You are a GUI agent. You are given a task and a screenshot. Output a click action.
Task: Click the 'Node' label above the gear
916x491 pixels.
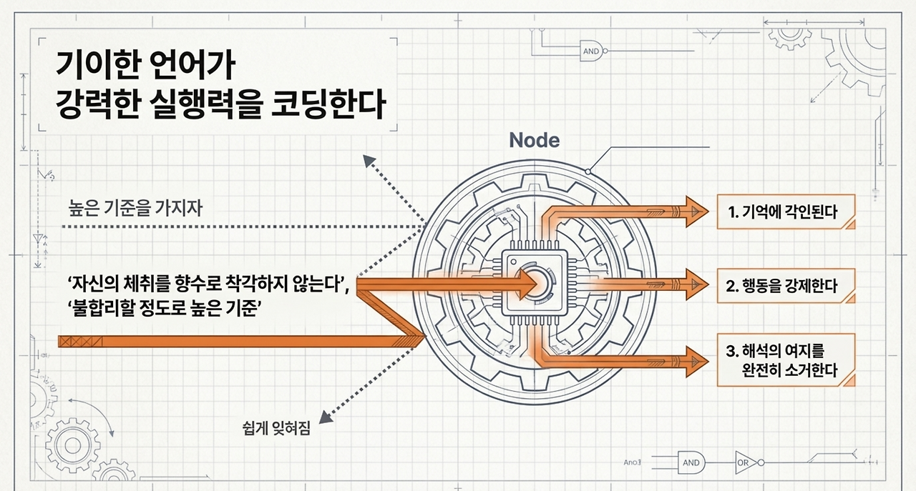534,140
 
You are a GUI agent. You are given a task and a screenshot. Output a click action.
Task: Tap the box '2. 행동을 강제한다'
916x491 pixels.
785,287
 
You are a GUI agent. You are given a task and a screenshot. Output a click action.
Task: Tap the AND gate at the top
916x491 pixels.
591,51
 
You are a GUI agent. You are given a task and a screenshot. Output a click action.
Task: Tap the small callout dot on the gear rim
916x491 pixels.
588,172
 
